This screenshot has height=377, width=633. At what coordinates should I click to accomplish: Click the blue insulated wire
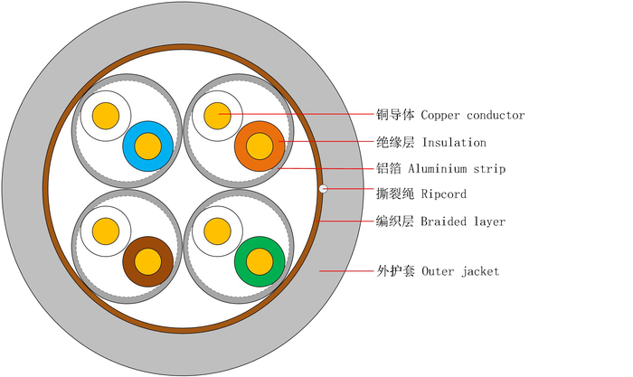click(147, 146)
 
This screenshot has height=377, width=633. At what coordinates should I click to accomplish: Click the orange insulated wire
click(260, 146)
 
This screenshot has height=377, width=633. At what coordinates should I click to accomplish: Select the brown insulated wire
click(147, 261)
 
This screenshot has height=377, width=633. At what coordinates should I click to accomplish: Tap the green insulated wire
click(260, 261)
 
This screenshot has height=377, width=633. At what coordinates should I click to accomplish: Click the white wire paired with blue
click(107, 116)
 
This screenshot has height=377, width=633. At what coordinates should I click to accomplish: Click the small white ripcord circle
click(324, 190)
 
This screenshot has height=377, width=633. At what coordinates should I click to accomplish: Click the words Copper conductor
click(472, 116)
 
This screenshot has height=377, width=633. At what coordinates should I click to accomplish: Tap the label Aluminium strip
click(457, 169)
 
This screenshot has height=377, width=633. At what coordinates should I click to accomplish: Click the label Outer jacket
click(460, 271)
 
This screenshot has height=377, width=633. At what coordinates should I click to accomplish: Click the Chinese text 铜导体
click(395, 116)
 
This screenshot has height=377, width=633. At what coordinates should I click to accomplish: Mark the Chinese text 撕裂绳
click(395, 194)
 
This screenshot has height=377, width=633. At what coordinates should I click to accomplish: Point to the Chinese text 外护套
click(395, 271)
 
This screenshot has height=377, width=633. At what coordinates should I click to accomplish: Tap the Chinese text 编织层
click(395, 221)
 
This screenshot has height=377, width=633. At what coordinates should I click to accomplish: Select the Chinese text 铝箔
click(389, 169)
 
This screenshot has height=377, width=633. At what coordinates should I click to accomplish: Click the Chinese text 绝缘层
click(395, 143)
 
